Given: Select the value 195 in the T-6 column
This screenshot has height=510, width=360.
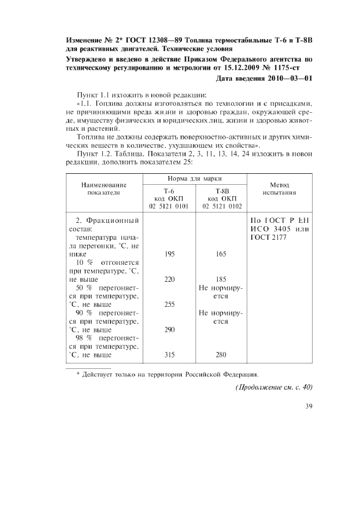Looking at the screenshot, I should tap(169, 254).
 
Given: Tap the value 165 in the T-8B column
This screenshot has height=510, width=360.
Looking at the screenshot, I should tap(221, 254).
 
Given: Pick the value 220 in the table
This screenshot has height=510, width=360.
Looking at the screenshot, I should tap(169, 279).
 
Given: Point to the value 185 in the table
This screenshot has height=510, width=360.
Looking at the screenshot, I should tap(221, 279).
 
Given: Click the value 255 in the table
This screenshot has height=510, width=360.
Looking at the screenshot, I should tap(169, 305).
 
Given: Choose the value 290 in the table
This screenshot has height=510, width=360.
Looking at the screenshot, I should tap(169, 330).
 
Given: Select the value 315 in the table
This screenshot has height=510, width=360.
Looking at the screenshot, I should tap(169, 355).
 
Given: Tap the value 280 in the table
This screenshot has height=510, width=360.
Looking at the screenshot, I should tap(221, 355).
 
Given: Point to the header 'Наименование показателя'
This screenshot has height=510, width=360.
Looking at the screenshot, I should tap(103, 189).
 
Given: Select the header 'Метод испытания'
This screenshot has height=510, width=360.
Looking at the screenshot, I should tap(279, 189).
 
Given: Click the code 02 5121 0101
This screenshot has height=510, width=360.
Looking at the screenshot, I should tap(169, 207).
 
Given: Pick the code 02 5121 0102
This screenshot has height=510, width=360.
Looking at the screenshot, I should tap(221, 207).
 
